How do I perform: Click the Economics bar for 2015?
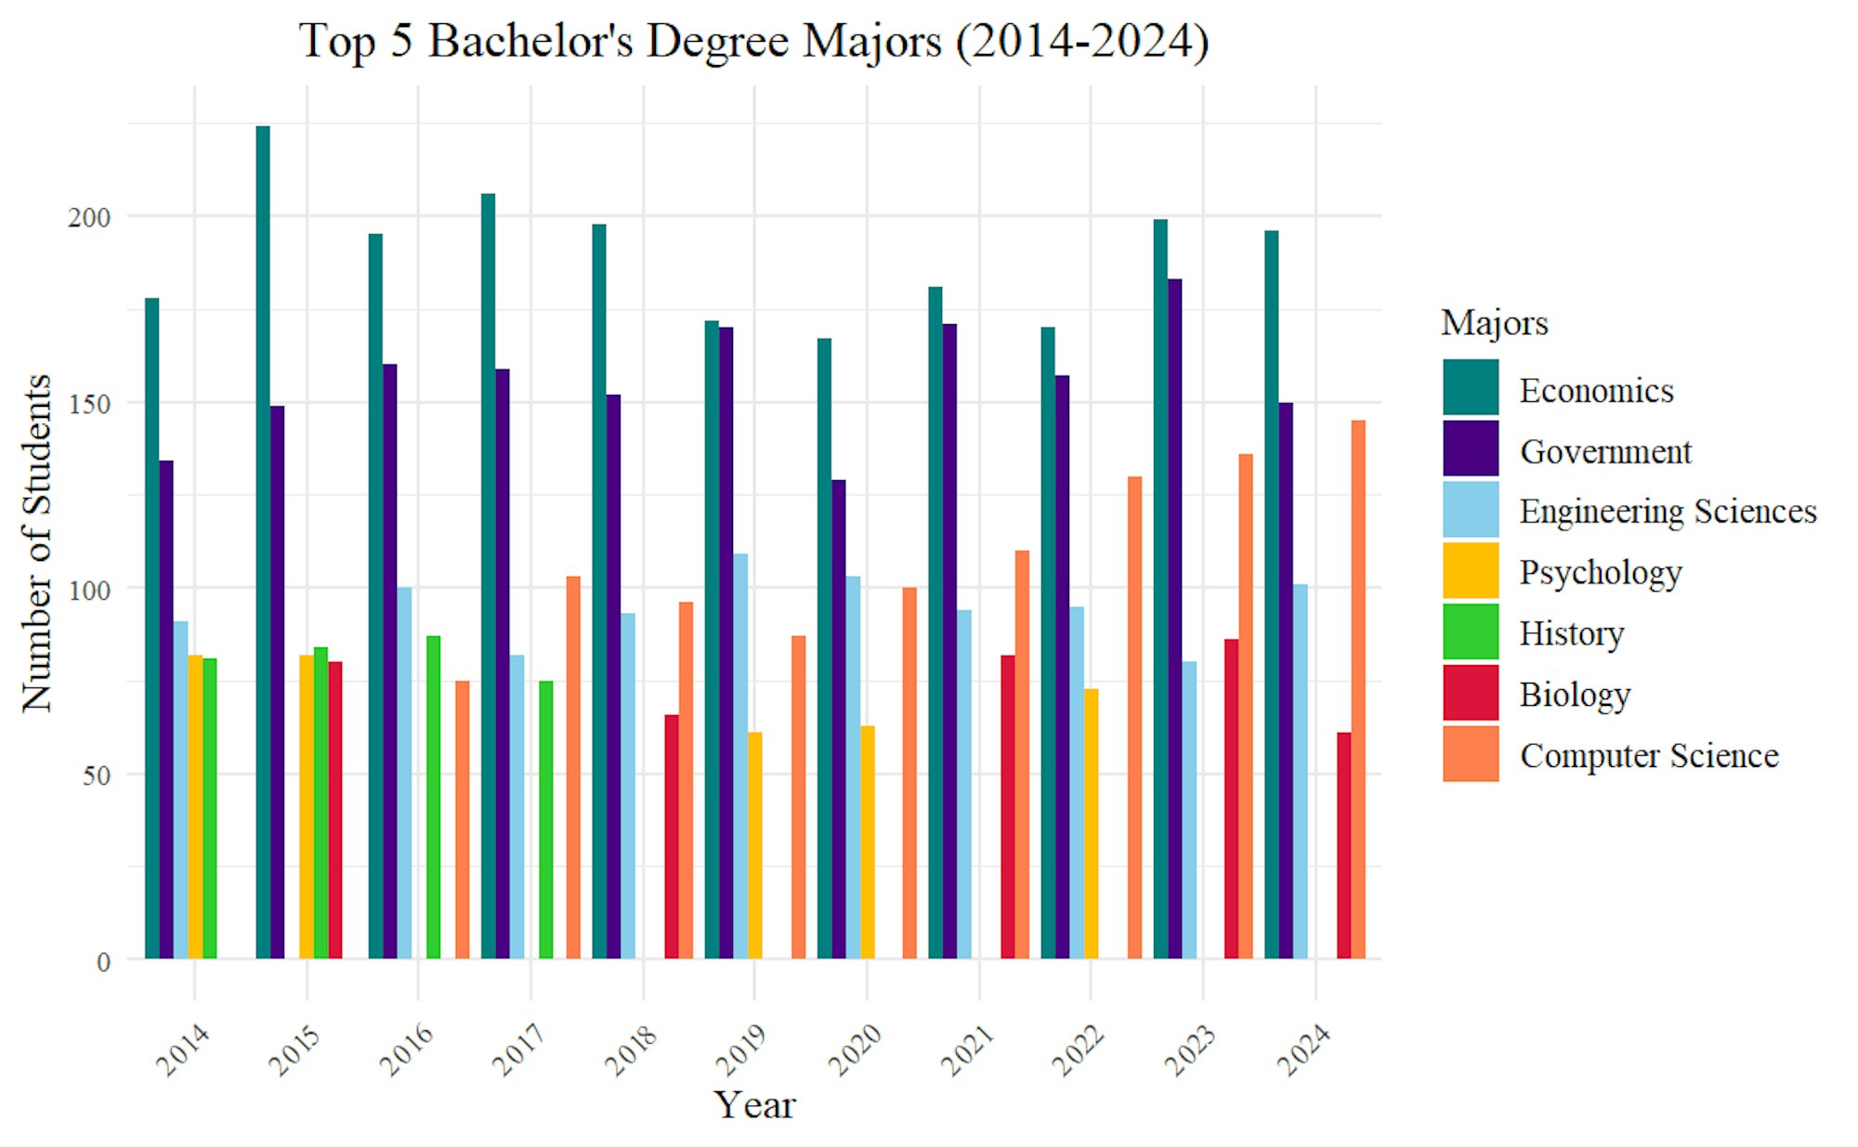point(263,542)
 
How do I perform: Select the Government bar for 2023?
point(1175,619)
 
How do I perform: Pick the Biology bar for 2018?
point(672,836)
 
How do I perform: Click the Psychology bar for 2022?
point(1092,823)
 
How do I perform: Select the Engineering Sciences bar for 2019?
point(740,756)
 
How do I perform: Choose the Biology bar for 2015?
point(335,810)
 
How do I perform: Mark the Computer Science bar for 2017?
point(573,767)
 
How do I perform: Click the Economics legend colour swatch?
point(1471,387)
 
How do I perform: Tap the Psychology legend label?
point(1600,572)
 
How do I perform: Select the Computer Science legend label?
point(1649,755)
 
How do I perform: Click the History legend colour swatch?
point(1471,632)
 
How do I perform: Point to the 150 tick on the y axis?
point(90,404)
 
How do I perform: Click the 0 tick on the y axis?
point(103,962)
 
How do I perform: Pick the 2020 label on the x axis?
point(855,1049)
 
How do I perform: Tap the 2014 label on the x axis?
point(183,1049)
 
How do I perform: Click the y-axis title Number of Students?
point(37,543)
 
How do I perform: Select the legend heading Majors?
point(1494,323)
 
